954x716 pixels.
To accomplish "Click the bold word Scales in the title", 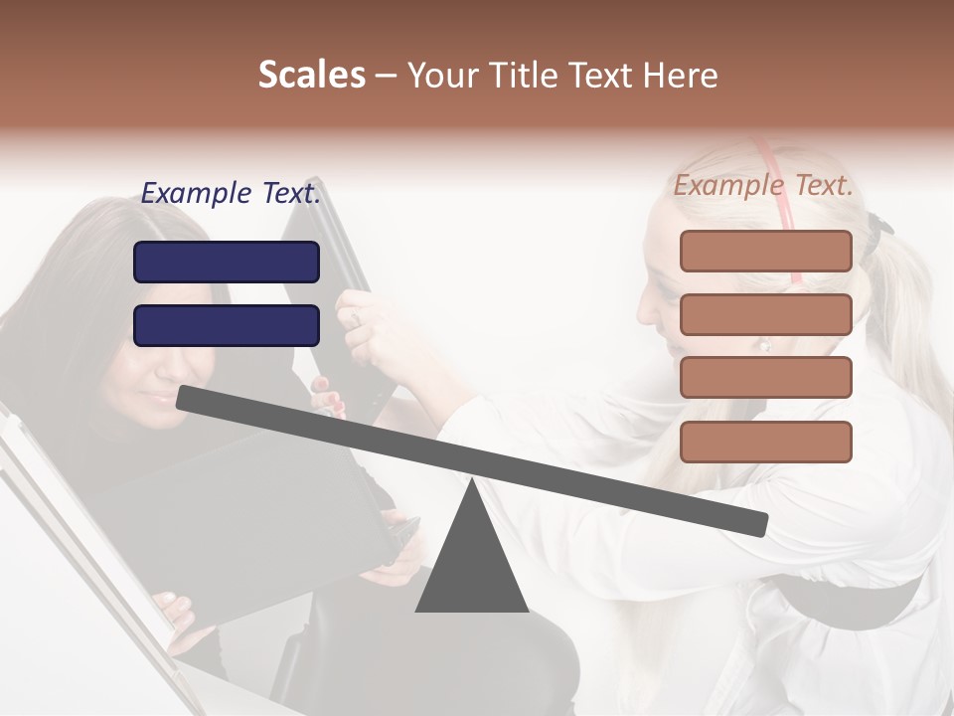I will [312, 76].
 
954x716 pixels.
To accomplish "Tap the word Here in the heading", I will [680, 76].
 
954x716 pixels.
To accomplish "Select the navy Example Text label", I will [231, 194].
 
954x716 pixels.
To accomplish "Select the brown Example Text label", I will [763, 186].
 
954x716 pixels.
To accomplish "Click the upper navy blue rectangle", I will [227, 263].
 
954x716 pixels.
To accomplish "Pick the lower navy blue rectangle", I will [227, 325].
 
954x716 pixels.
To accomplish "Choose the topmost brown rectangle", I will [765, 251].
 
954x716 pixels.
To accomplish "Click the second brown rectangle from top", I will [765, 314].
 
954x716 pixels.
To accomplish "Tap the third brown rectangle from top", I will [765, 378].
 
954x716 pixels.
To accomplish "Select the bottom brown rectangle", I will [765, 442].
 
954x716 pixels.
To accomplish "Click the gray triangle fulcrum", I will [471, 567].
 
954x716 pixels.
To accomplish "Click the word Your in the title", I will [439, 76].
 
